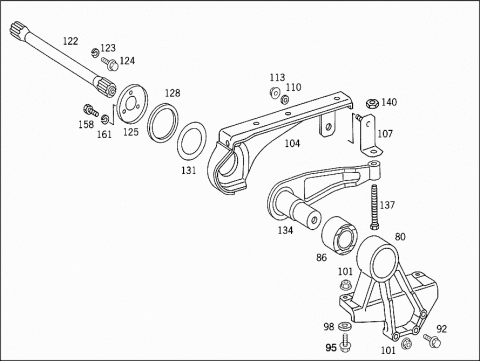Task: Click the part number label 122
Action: pos(71,41)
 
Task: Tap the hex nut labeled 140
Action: pos(372,104)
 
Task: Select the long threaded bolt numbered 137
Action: pos(374,207)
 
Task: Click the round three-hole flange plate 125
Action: pos(131,105)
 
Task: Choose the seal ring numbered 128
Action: pos(162,123)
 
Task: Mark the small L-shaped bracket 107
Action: pos(369,135)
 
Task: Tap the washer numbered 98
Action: pos(344,326)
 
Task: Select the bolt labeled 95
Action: pos(345,343)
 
